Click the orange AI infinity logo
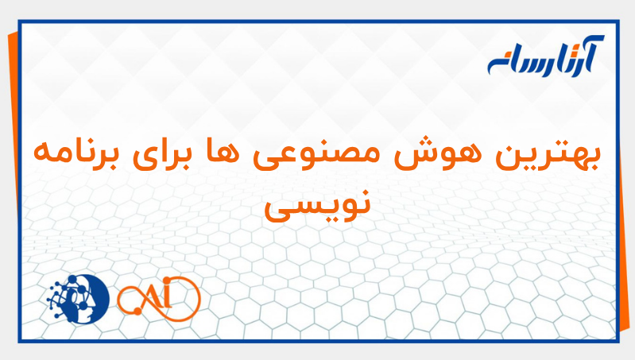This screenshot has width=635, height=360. tap(158, 299)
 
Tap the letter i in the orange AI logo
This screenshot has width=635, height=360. tap(176, 299)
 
